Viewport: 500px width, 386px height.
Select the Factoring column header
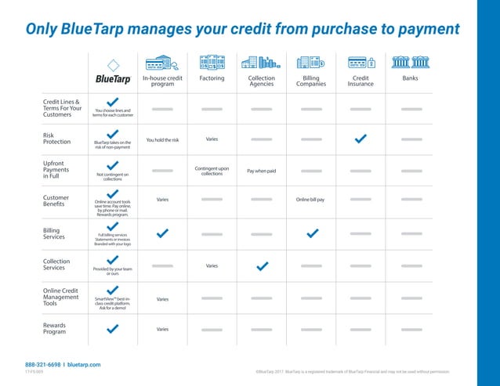212,78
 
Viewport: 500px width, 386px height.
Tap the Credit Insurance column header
361,81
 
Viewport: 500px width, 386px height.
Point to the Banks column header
410,78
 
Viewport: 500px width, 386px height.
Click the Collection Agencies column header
261,81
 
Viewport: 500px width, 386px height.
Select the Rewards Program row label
55,328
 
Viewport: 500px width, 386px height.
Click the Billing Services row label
56,234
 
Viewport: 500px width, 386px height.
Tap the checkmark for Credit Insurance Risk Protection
361,139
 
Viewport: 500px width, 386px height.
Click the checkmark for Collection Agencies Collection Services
261,266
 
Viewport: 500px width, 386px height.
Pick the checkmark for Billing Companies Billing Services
311,233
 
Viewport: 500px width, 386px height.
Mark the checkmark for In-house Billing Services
162,233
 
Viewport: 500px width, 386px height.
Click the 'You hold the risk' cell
162,140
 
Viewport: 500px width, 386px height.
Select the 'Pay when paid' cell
261,170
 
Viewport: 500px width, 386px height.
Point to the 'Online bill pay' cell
310,200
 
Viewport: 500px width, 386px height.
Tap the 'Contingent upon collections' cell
212,170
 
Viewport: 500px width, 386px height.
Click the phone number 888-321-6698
44,365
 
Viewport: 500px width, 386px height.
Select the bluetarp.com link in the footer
84,365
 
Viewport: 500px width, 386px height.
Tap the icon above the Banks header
410,62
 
